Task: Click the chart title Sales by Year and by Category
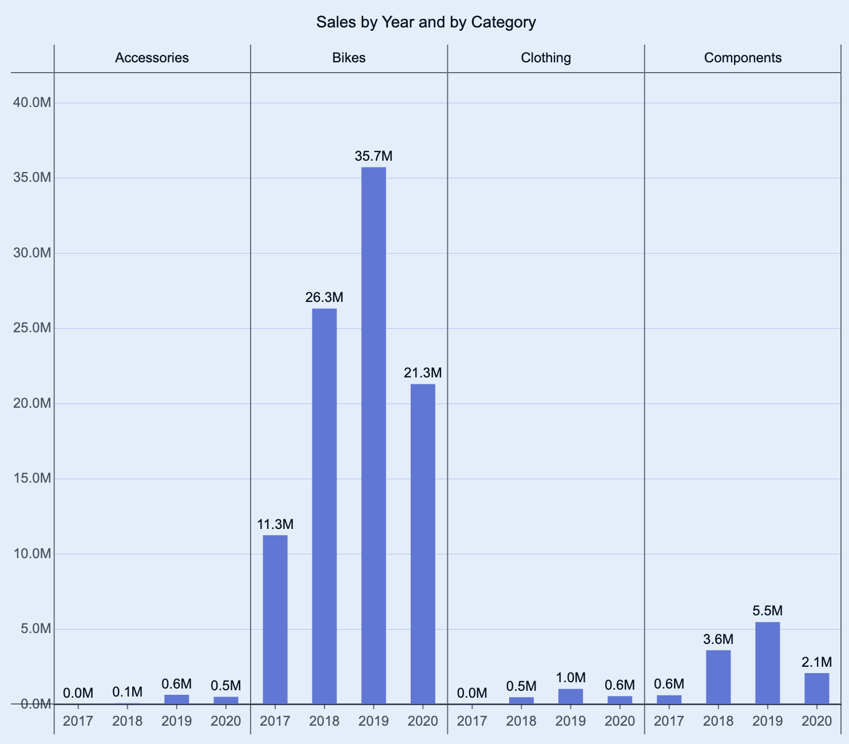coord(426,22)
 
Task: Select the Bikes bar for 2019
coord(374,435)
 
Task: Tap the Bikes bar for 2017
coord(275,619)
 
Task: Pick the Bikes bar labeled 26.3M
coord(324,506)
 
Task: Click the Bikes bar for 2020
coord(423,543)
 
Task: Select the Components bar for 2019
coord(767,663)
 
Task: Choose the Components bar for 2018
coord(718,677)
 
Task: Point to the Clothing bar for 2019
coord(570,696)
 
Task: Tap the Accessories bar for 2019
coord(177,699)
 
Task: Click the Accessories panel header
coord(152,58)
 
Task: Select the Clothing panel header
coord(546,58)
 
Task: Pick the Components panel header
coord(743,58)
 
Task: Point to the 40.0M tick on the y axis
coord(32,103)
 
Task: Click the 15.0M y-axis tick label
coord(32,479)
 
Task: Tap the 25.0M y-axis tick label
coord(32,328)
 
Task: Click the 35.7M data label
coord(374,156)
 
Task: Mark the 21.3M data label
coord(423,373)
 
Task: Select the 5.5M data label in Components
coord(767,611)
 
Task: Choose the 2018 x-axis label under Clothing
coord(521,721)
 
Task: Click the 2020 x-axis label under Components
coord(816,721)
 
